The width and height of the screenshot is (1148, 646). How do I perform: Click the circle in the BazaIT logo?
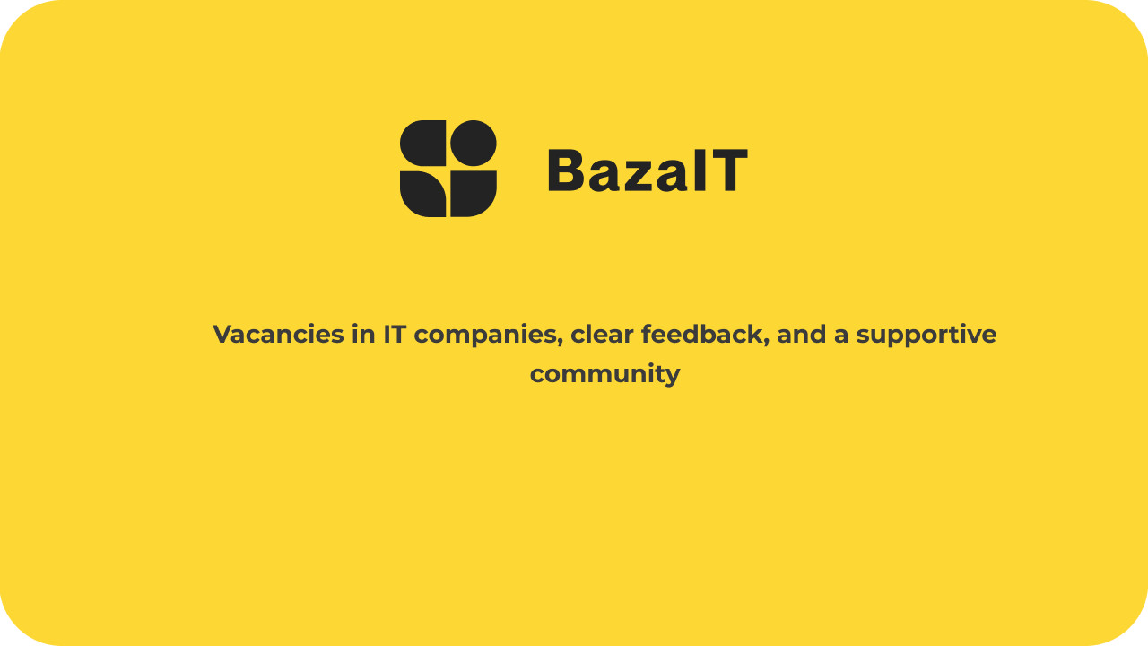tap(474, 143)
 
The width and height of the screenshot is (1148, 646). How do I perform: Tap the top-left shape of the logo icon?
tap(422, 143)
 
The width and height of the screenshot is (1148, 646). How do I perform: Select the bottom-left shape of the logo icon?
tap(422, 194)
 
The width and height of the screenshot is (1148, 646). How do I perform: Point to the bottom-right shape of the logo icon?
tap(474, 194)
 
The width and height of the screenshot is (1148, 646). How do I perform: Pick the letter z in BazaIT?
tap(639, 176)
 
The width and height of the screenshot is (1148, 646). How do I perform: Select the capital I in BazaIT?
tap(700, 170)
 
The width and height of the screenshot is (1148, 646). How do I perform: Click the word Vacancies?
tap(278, 334)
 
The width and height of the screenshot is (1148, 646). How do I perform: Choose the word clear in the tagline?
tap(602, 334)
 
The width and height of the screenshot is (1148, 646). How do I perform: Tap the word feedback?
tap(705, 334)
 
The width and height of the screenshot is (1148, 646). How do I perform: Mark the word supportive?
tap(926, 336)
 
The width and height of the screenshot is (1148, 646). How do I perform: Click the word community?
tap(604, 375)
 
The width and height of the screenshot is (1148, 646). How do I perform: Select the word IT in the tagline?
tap(396, 334)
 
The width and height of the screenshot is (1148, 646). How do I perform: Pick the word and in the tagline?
tap(802, 334)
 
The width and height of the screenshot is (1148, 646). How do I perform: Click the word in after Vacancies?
tap(363, 334)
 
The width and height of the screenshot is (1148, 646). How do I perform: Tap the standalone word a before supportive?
tap(841, 336)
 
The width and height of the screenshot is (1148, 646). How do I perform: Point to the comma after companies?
tap(560, 344)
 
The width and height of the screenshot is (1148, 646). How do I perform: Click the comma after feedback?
tap(766, 344)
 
